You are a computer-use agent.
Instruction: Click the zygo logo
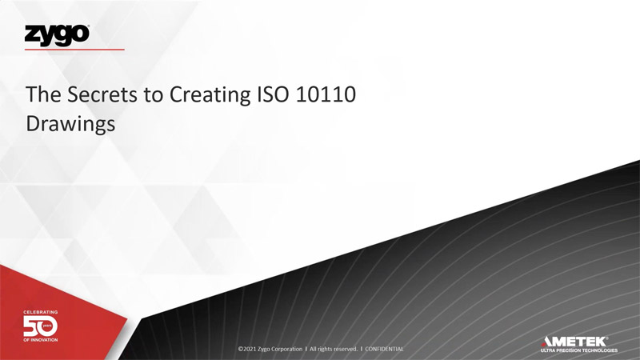pyautogui.click(x=57, y=35)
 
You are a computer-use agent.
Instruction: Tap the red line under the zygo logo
pyautogui.click(x=74, y=50)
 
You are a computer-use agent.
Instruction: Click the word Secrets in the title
pyautogui.click(x=102, y=94)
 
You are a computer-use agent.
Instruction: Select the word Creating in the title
pyautogui.click(x=210, y=95)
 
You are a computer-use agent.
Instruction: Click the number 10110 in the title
pyautogui.click(x=326, y=94)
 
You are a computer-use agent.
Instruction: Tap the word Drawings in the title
pyautogui.click(x=70, y=124)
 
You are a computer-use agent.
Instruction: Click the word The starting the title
pyautogui.click(x=44, y=94)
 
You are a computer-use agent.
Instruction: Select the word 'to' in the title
pyautogui.click(x=153, y=95)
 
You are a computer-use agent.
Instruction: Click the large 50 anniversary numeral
pyautogui.click(x=41, y=326)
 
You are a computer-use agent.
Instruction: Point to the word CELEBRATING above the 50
pyautogui.click(x=41, y=312)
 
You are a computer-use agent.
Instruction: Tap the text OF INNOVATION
pyautogui.click(x=41, y=340)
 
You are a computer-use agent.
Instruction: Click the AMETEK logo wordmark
pyautogui.click(x=574, y=342)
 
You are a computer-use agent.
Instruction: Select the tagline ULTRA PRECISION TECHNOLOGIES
pyautogui.click(x=578, y=350)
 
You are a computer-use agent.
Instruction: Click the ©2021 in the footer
pyautogui.click(x=247, y=349)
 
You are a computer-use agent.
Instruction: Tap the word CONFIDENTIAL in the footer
pyautogui.click(x=384, y=349)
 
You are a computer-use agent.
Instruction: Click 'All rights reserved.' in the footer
pyautogui.click(x=334, y=349)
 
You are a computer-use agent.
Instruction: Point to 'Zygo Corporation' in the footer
pyautogui.click(x=279, y=350)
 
